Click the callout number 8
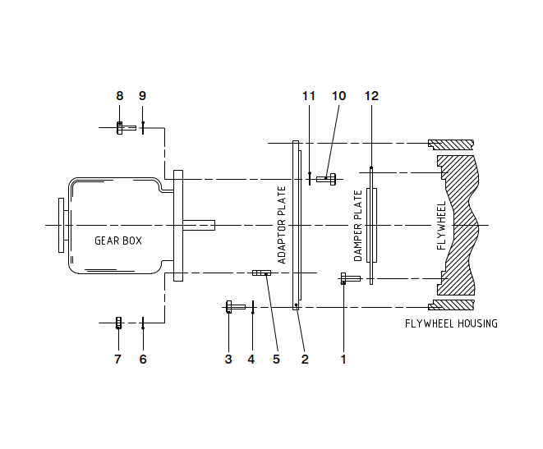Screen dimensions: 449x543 (x=119, y=96)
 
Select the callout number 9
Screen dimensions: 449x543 (x=142, y=96)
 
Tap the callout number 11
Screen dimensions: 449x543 (x=309, y=96)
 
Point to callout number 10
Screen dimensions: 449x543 (x=338, y=96)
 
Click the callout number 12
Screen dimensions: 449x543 (x=371, y=96)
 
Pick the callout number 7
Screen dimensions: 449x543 (x=117, y=359)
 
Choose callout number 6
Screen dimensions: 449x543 (x=142, y=359)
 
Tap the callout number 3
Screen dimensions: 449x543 (x=228, y=359)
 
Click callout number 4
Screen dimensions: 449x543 (x=251, y=359)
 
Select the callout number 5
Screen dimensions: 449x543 (x=275, y=359)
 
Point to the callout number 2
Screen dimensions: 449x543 (x=304, y=359)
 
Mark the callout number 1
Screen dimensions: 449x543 (x=343, y=359)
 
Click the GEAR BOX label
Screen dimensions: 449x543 (x=118, y=241)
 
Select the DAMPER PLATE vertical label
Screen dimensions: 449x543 (x=358, y=226)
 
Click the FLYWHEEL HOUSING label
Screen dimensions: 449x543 (x=451, y=323)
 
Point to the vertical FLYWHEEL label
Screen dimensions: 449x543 (x=441, y=224)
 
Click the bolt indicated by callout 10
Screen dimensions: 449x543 (x=326, y=178)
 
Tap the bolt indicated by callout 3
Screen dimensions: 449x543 (x=234, y=307)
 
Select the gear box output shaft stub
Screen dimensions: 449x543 (x=199, y=224)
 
